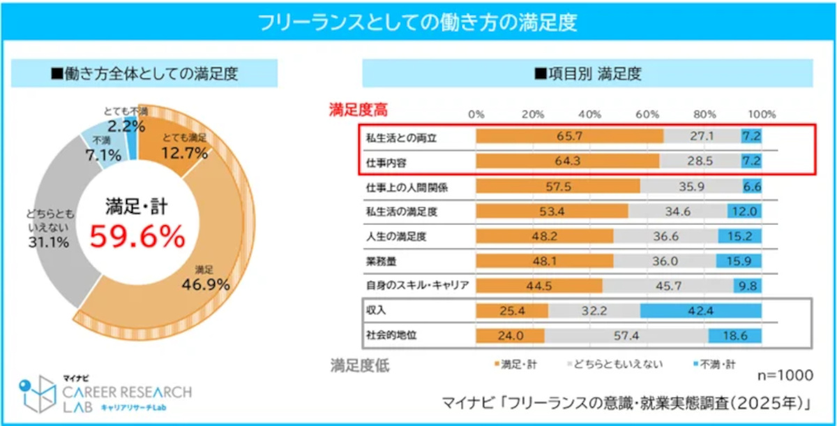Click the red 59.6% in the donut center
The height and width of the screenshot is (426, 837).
(x=137, y=237)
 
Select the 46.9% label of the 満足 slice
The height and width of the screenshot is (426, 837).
(x=206, y=284)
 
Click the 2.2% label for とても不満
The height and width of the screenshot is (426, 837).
(x=127, y=126)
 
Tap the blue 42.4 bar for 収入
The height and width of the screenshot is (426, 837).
(x=700, y=310)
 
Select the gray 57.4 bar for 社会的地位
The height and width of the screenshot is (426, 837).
(x=626, y=336)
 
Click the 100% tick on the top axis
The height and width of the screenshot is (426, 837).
(x=762, y=114)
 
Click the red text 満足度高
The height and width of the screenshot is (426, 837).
(x=359, y=110)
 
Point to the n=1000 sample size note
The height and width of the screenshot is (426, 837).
(x=785, y=376)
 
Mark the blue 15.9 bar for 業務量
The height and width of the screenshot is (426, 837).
(x=739, y=260)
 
